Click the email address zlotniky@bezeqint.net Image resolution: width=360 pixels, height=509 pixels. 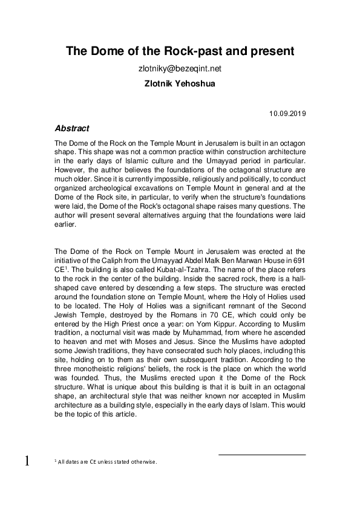point(180,69)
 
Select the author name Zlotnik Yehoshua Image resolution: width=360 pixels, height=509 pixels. point(180,83)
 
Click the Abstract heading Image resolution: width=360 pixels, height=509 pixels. point(72,129)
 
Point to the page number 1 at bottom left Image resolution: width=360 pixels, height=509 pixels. point(27,462)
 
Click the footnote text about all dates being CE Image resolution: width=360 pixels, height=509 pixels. point(106,462)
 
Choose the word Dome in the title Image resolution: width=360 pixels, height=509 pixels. point(104,52)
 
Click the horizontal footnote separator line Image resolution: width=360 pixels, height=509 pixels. point(261,455)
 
